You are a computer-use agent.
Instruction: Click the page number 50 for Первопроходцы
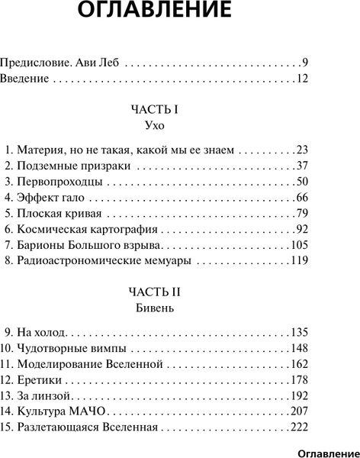[301, 183]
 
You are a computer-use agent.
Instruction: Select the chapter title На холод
[42, 334]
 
